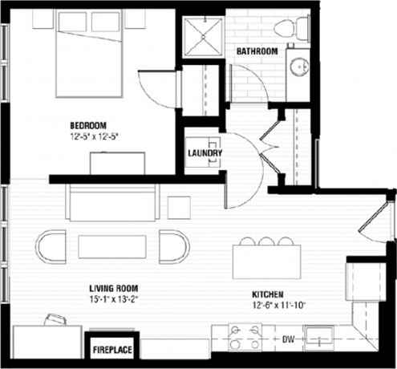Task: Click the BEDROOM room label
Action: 88,125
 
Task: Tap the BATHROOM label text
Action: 257,52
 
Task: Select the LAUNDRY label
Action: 205,154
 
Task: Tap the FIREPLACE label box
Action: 112,350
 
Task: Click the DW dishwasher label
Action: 288,340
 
